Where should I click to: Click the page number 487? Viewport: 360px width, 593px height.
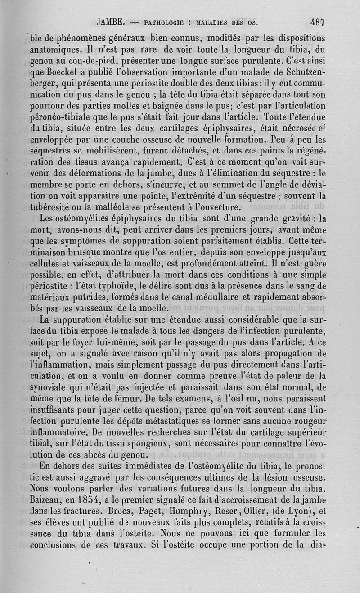318,21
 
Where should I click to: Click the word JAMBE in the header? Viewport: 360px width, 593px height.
110,21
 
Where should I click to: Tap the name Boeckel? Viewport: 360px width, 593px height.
62,72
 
